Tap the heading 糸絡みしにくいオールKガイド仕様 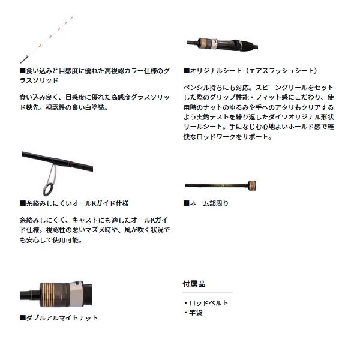click(74, 203)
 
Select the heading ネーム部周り click(207, 203)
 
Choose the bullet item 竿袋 click(196, 312)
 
